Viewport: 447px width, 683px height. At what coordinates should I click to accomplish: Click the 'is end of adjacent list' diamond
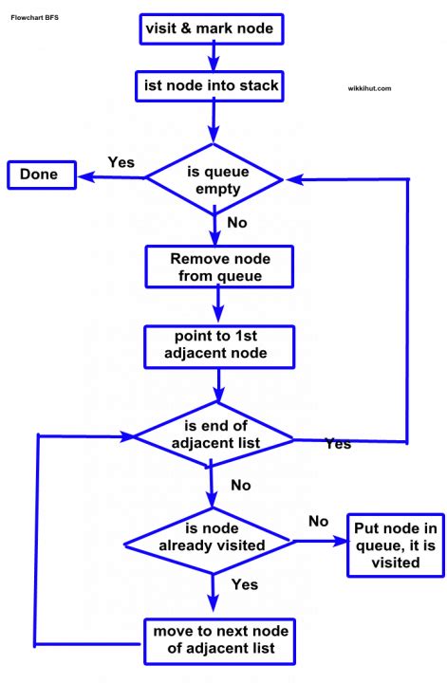(213, 434)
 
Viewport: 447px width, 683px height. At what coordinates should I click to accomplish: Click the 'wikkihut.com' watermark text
(369, 88)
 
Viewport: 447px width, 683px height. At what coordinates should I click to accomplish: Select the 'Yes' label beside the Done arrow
(121, 161)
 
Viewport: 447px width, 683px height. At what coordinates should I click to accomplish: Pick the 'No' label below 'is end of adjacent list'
(241, 485)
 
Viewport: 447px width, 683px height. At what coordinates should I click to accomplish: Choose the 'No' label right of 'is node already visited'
(319, 521)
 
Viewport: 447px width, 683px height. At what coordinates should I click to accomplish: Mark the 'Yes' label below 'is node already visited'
(245, 584)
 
